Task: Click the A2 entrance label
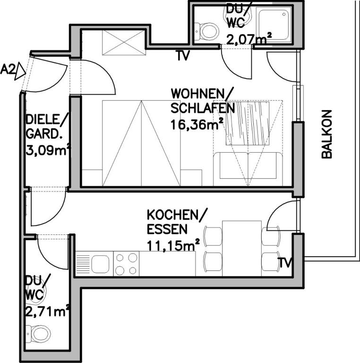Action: (x=8, y=69)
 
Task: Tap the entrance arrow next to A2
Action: (x=20, y=71)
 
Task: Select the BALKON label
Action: (x=327, y=134)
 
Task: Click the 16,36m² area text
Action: (x=197, y=125)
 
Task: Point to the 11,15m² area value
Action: (x=173, y=245)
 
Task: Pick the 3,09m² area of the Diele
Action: (x=48, y=150)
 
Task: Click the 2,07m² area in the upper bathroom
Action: (x=249, y=39)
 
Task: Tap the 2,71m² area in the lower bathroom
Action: (x=48, y=311)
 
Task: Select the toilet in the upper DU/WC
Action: (x=206, y=32)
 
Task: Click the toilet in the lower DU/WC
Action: (x=38, y=334)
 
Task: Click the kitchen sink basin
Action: (x=100, y=264)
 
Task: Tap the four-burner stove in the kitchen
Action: (x=126, y=264)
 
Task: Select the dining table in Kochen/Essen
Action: (x=242, y=249)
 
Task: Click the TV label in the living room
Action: (x=182, y=56)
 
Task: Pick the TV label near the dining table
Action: (x=285, y=263)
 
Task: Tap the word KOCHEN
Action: (x=172, y=215)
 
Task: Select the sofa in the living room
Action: (x=248, y=169)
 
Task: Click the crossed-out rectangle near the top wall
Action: (x=124, y=43)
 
